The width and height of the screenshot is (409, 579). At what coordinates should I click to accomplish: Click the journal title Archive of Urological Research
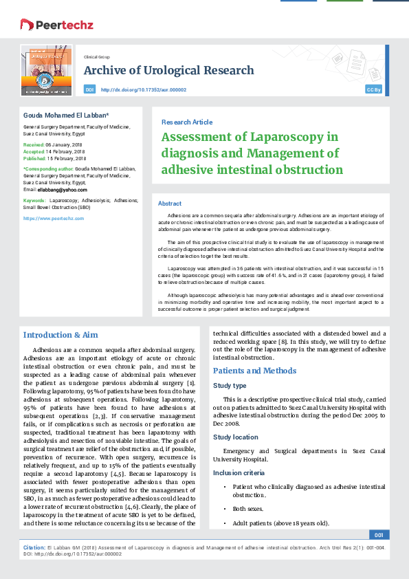point(168,71)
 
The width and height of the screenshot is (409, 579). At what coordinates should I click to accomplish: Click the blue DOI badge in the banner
point(89,89)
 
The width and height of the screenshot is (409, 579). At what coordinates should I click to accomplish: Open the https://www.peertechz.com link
point(54,218)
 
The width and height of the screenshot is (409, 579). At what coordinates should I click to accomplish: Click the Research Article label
point(187,122)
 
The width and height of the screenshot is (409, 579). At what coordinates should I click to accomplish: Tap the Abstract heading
point(170,204)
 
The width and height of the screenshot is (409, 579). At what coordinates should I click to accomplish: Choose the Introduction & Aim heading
point(60,335)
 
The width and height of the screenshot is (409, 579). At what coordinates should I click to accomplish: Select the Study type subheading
point(230,386)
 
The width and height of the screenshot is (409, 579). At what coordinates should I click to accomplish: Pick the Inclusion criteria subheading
point(236,472)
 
